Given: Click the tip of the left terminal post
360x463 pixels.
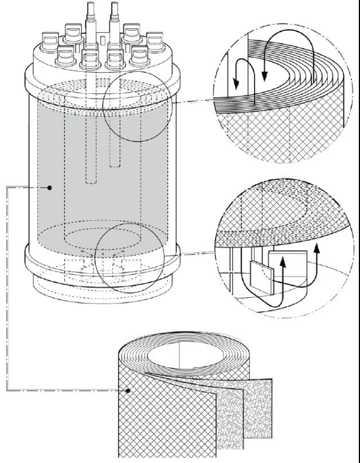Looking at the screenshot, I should pyautogui.click(x=92, y=5).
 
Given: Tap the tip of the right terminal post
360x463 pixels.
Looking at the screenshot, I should pyautogui.click(x=115, y=5).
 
